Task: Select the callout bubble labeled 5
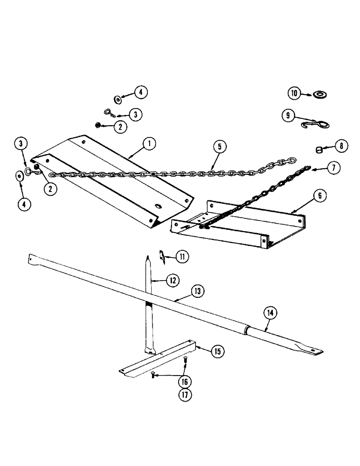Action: pos(221,146)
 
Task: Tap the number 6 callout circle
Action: pos(319,196)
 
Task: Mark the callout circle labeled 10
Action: pos(294,93)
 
